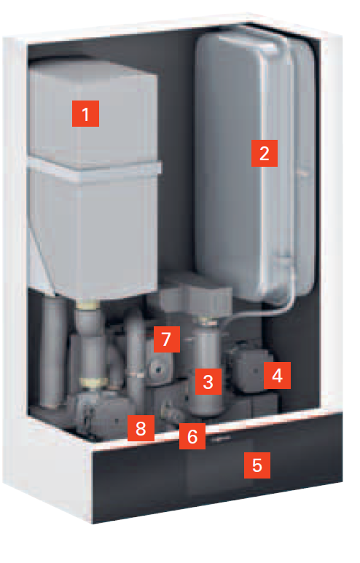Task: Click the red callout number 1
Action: click(x=85, y=114)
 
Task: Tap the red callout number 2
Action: click(x=265, y=153)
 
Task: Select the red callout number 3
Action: click(x=208, y=382)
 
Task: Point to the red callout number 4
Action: click(x=277, y=375)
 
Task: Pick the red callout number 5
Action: click(x=257, y=465)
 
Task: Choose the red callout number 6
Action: click(x=192, y=436)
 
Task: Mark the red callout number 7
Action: click(x=167, y=339)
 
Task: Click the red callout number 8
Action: click(x=141, y=428)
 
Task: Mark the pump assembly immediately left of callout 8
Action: click(x=103, y=413)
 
